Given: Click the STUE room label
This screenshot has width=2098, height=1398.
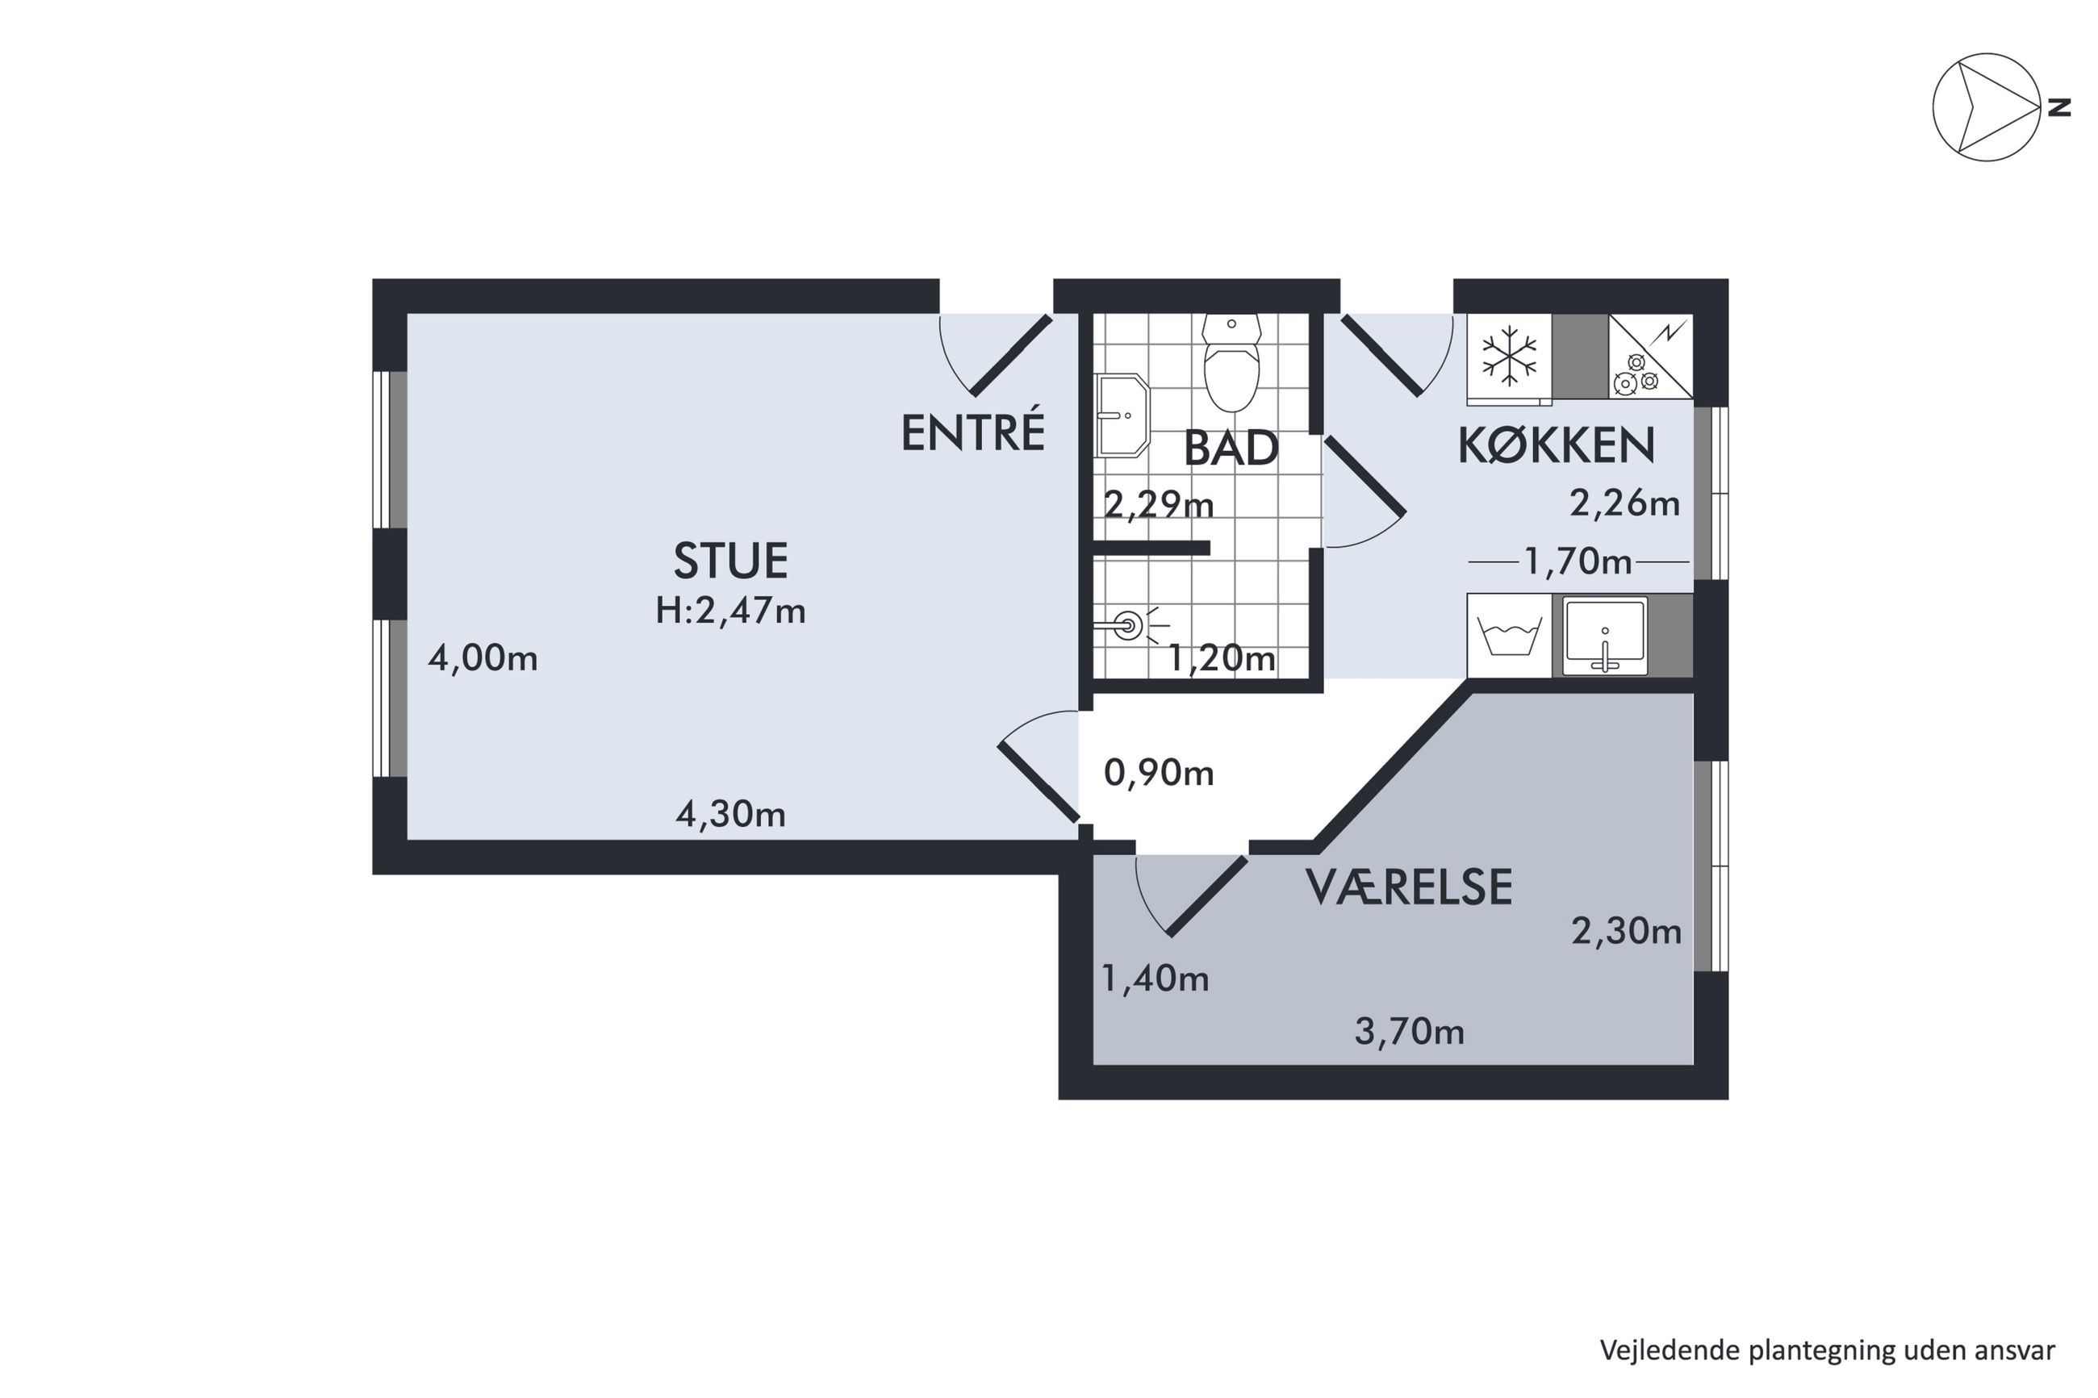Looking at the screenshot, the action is pos(730,561).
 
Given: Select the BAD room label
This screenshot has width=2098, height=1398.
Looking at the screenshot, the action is pos(1231,449).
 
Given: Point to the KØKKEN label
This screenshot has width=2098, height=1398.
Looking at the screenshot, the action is pos(1556,445).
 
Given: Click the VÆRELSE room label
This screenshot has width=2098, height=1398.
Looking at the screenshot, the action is pos(1409,887).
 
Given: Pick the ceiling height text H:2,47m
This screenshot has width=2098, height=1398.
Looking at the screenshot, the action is pos(730,611).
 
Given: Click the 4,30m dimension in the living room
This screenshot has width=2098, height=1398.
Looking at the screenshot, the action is pos(730,814).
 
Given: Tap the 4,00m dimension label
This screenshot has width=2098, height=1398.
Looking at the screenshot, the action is pos(483,658).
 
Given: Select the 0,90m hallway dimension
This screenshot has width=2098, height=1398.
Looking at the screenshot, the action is pos(1158,772).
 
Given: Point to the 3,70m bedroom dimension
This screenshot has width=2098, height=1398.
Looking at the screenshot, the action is pos(1409,1032).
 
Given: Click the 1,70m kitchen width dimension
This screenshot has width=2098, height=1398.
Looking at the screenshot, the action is pos(1578,561).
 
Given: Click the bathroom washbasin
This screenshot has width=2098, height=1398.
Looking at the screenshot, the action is pos(1122,415).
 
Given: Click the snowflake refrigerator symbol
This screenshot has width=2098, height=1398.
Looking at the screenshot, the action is pos(1510,356).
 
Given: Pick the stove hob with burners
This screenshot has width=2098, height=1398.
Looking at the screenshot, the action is pos(1650,356).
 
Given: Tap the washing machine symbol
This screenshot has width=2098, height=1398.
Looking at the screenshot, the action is pos(1510,636).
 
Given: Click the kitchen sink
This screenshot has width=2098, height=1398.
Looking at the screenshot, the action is pos(1604,636).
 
